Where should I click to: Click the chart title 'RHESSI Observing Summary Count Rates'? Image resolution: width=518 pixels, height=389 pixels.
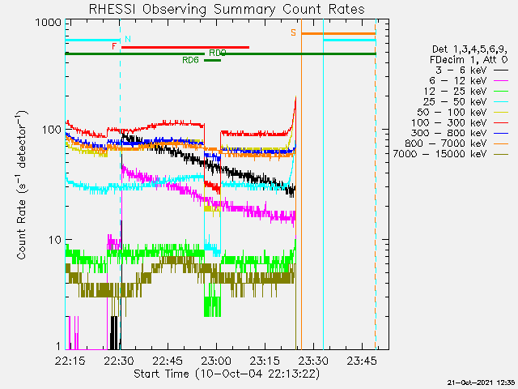tap(227, 9)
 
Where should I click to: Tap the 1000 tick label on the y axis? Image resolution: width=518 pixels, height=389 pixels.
tap(49, 23)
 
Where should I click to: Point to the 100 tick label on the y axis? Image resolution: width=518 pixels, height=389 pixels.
tap(52, 130)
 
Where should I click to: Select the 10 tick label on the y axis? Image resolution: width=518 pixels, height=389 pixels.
tap(55, 240)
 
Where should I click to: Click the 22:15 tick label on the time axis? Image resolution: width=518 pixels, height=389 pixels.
tap(70, 361)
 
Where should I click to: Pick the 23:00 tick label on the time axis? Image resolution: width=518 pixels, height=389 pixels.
tap(217, 361)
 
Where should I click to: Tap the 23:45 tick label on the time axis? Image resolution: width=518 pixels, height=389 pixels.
tap(362, 361)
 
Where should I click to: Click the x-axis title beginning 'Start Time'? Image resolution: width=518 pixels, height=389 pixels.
tap(227, 374)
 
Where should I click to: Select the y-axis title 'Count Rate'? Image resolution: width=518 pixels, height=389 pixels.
tap(22, 186)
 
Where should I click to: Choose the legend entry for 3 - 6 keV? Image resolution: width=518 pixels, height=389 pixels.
tap(471, 71)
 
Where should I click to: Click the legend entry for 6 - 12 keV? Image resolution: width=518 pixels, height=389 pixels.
tap(468, 81)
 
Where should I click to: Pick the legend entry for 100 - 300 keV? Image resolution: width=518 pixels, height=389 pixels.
tap(459, 122)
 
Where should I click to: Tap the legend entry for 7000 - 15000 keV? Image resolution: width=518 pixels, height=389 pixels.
tap(450, 154)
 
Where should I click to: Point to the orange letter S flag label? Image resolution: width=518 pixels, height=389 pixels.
tap(293, 32)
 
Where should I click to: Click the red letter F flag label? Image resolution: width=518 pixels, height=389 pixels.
tap(114, 46)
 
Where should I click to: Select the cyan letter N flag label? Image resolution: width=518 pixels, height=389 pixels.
tap(128, 39)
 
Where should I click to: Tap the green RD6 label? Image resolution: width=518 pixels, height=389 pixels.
tap(191, 60)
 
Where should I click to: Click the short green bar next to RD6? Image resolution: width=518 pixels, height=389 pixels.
tap(212, 61)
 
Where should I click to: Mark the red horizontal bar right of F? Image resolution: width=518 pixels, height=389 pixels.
tap(185, 47)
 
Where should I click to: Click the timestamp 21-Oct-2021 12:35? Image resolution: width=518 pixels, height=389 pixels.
tap(482, 383)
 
